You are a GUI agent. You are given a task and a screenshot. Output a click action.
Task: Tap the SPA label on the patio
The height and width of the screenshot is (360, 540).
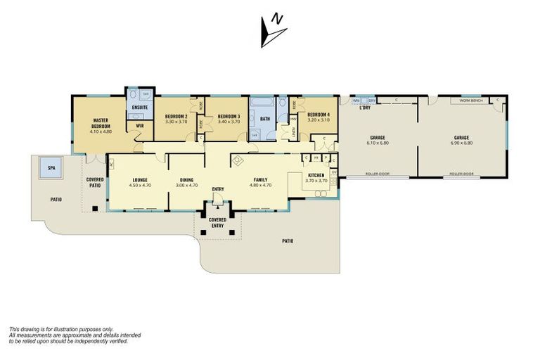[x=51, y=169]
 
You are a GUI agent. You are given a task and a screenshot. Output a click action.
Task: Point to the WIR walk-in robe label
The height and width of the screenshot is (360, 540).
[x=139, y=127]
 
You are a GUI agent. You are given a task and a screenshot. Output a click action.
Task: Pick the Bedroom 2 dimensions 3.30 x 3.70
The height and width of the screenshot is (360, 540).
[x=176, y=122]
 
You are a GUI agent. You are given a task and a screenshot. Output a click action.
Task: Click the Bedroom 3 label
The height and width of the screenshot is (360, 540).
[x=229, y=116]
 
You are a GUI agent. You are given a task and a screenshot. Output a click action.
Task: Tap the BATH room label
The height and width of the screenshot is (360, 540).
[x=264, y=119]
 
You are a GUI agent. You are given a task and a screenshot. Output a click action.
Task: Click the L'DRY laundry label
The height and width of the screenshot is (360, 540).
[x=364, y=108]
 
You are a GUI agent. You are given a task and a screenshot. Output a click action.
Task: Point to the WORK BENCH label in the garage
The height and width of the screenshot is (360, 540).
[x=470, y=101]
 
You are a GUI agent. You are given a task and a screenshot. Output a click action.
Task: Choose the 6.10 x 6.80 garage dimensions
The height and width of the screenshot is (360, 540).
[x=378, y=143]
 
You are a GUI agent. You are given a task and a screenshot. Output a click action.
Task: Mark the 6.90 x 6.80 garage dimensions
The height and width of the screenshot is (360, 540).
[x=461, y=143]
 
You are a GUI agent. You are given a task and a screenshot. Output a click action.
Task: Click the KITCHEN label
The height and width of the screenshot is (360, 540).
[x=316, y=174]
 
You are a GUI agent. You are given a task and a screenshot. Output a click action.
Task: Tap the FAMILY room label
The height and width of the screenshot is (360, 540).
[x=262, y=180]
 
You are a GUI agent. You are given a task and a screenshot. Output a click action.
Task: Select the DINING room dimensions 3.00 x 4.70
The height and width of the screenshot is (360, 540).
[x=186, y=186]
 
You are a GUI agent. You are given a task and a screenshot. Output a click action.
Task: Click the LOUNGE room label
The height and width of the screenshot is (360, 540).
[x=139, y=180]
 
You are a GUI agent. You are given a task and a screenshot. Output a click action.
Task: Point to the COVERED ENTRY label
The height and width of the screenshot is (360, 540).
[x=217, y=222]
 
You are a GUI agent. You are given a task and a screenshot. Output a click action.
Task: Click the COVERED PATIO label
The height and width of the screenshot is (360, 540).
[x=95, y=182]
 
